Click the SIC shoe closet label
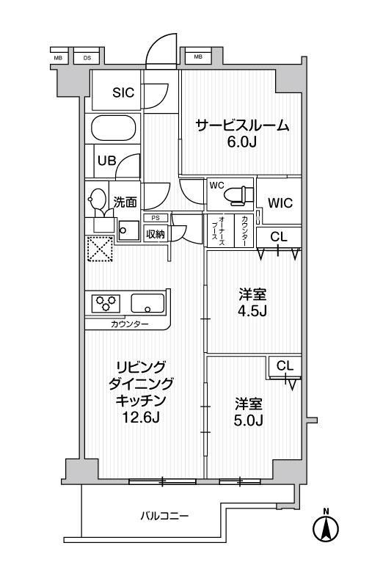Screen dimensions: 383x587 123,92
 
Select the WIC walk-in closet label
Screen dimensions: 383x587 280,203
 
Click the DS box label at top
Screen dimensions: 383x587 87,58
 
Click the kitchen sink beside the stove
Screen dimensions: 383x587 147,304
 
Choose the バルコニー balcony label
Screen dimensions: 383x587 164,517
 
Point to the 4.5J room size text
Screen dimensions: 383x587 252,310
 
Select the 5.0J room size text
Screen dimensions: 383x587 248,420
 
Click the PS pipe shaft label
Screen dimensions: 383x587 155,218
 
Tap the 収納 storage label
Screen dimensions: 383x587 155,234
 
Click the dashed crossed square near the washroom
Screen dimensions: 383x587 100,249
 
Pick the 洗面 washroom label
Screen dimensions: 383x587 125,203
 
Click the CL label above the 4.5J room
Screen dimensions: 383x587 279,236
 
